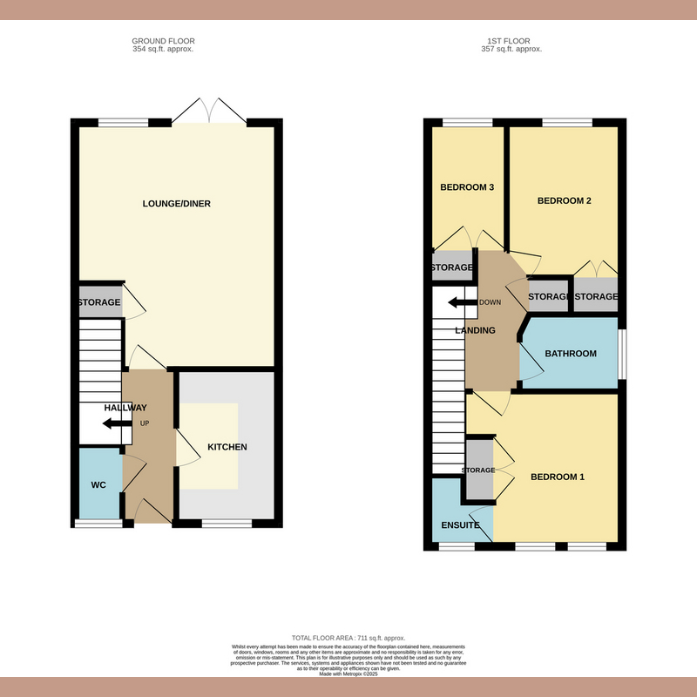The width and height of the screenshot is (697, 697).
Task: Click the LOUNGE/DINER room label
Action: [x=177, y=204]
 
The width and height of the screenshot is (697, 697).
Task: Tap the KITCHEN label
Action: [x=227, y=447]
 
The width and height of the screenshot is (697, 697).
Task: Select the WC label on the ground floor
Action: [x=98, y=484]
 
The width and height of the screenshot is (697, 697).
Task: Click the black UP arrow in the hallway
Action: [x=112, y=424]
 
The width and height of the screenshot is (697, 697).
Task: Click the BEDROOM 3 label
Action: [x=467, y=187]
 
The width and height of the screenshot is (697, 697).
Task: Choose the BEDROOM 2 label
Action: [x=564, y=201]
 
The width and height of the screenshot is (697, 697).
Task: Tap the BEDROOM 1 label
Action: [x=558, y=477]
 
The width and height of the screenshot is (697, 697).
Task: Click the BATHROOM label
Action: [x=571, y=354]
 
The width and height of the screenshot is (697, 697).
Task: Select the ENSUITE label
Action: [x=461, y=525]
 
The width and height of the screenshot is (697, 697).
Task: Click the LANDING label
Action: [x=476, y=330]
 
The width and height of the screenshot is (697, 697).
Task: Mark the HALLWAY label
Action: [x=125, y=408]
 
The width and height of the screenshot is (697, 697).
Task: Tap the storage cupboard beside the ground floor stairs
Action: [x=98, y=302]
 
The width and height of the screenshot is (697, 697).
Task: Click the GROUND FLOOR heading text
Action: [x=163, y=41]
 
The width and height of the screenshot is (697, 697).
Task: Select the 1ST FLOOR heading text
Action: [x=511, y=41]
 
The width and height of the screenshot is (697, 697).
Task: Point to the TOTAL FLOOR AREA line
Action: [x=348, y=639]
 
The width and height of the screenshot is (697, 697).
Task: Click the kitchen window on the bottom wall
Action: [x=228, y=524]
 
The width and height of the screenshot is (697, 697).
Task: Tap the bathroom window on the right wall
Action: [x=622, y=354]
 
